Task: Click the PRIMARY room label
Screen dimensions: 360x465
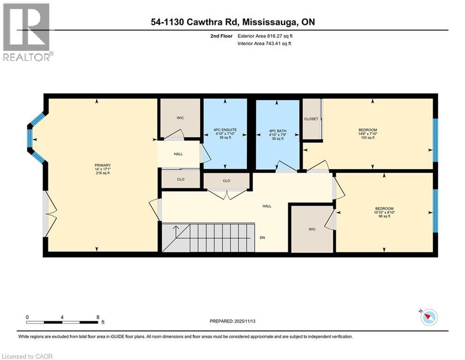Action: pos(102,165)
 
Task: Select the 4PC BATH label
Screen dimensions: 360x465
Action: pos(277,129)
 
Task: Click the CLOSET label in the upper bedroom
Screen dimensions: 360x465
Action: pos(311,119)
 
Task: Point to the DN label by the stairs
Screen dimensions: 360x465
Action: pos(263,237)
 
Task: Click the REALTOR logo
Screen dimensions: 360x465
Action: pos(27,32)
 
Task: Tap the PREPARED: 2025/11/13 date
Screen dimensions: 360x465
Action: pos(233,321)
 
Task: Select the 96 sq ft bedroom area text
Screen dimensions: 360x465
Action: pos(384,217)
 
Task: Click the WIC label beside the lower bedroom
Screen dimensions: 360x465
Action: pos(312,229)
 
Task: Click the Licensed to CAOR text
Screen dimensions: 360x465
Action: pos(27,356)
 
